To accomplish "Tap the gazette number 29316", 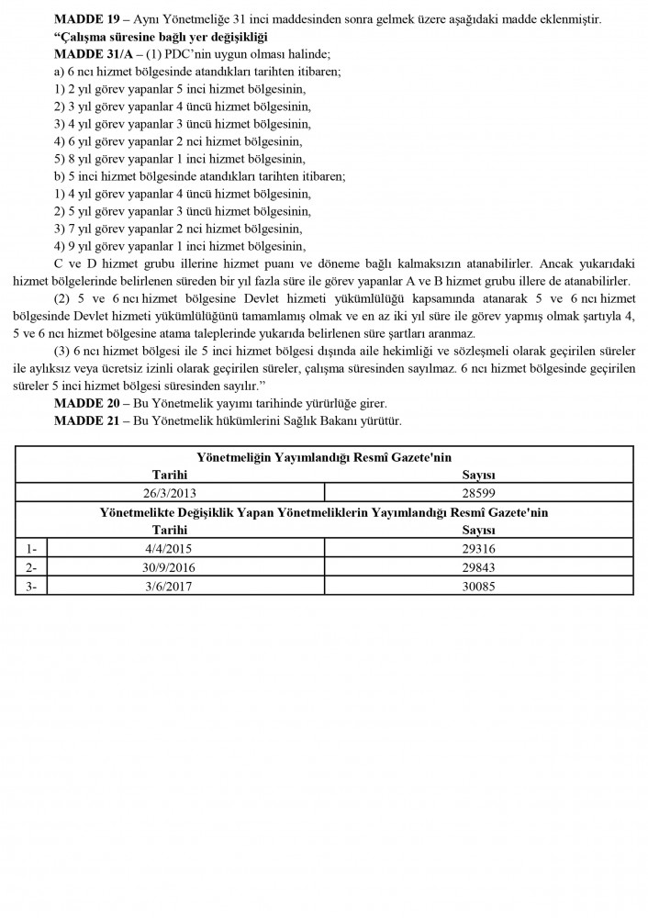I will (x=478, y=549).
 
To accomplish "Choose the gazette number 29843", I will (x=478, y=567).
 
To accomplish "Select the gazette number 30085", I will (x=478, y=586).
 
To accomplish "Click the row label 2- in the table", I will (x=33, y=567).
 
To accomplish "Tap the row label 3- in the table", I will (x=33, y=586).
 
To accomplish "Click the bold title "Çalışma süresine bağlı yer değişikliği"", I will (x=160, y=37).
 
